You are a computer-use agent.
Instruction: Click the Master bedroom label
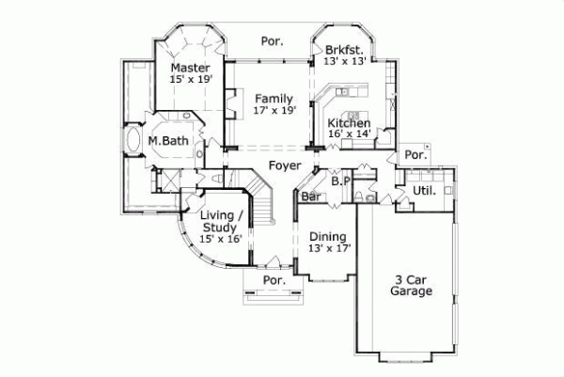point(190,68)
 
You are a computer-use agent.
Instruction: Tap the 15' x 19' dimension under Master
point(190,81)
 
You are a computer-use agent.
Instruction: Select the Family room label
point(274,98)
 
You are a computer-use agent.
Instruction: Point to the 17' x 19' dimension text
point(274,110)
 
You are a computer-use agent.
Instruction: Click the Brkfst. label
point(343,49)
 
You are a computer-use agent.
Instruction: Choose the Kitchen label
point(348,123)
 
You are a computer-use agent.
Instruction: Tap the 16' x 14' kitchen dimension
point(348,134)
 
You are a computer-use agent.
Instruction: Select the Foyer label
point(285,165)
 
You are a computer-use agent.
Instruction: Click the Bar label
point(310,196)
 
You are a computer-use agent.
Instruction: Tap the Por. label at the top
point(273,41)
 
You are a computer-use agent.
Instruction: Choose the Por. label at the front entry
point(274,280)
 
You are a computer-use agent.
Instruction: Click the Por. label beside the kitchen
point(414,154)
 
